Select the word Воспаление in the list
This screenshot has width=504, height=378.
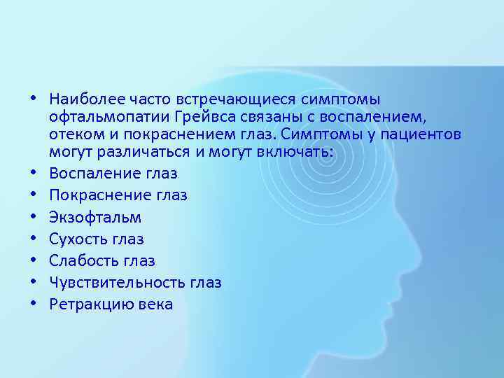tap(94, 173)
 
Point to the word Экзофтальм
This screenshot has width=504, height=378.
tap(95, 217)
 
